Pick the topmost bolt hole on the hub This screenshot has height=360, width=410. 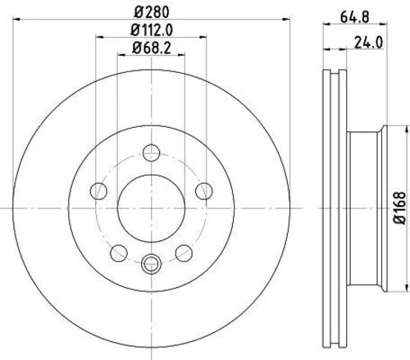[150, 153]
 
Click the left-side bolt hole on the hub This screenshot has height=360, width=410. [99, 191]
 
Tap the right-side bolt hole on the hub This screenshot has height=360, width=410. [202, 191]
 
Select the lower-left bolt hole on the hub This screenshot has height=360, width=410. [118, 251]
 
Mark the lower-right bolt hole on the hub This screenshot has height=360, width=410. [182, 251]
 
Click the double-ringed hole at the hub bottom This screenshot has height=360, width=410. [150, 263]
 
